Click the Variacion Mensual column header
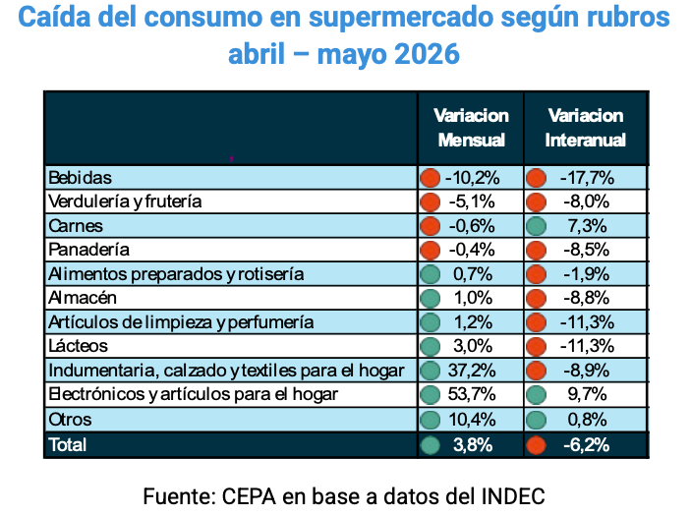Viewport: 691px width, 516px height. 471,128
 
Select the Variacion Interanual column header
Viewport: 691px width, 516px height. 586,128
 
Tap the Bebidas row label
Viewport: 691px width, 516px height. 81,178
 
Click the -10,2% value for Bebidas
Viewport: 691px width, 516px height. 473,178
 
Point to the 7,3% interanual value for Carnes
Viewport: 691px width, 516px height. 587,226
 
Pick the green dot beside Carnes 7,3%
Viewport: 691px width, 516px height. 536,226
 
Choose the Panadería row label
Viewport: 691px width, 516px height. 89,250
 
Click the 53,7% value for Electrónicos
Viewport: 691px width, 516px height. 472,394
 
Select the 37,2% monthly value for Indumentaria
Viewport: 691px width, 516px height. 472,371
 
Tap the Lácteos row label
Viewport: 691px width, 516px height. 78,346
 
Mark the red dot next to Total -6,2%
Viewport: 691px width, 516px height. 536,445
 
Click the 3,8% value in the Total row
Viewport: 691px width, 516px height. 473,445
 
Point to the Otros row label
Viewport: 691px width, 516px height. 70,420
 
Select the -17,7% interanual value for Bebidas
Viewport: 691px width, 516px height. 587,178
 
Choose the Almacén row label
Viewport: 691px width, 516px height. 83,298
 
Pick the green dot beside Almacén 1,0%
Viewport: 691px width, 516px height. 431,299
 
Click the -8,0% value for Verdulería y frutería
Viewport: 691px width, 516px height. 587,201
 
